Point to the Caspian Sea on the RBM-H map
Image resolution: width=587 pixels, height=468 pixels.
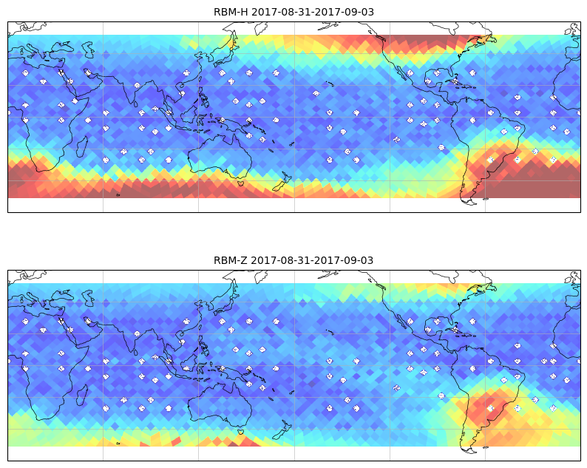pos(89,50)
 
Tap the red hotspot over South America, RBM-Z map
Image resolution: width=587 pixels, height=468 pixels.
pos(486,407)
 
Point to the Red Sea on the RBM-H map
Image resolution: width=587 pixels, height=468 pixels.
pos(67,79)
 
